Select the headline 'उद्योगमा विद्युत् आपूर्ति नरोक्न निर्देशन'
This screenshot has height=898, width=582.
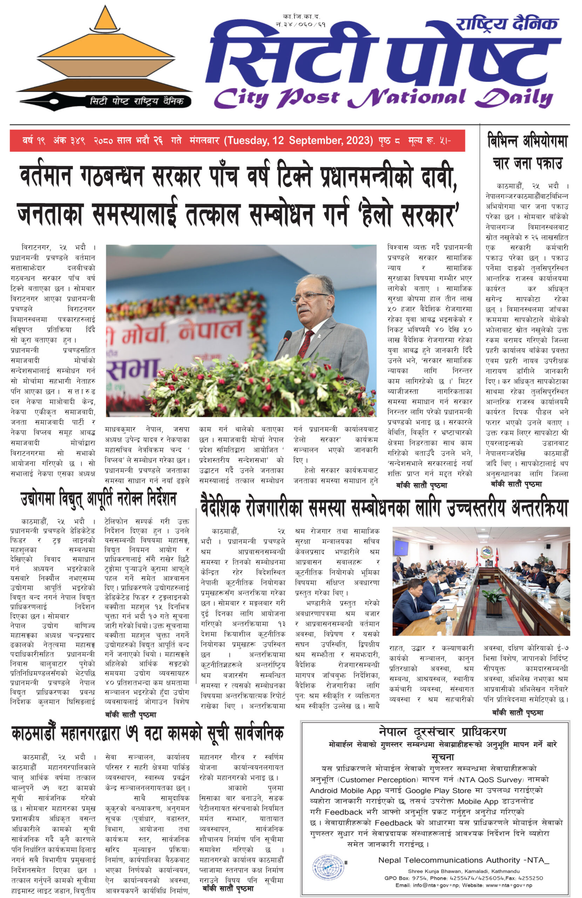pyautogui.click(x=99, y=499)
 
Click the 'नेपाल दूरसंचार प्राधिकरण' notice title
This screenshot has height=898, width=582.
pyautogui.click(x=442, y=732)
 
